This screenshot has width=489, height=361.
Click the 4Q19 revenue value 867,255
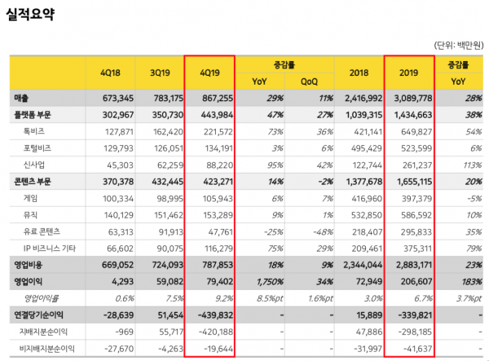216,98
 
